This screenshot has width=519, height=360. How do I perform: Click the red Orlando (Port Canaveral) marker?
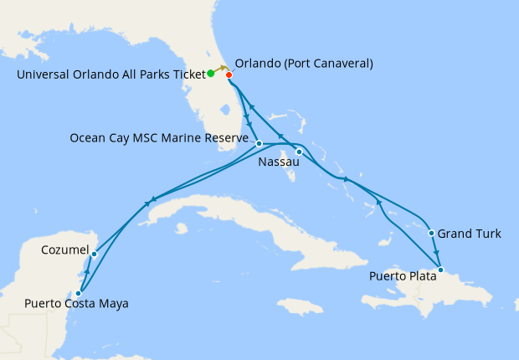point(229,75)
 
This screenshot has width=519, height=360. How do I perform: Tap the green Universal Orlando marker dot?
point(211,74)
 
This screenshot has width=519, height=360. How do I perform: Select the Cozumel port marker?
point(95,254)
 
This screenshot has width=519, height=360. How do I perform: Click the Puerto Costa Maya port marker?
point(78,294)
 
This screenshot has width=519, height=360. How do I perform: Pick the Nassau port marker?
point(299,152)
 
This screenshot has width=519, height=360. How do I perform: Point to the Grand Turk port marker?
point(430,234)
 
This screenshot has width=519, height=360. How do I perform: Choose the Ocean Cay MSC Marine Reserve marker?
point(259,143)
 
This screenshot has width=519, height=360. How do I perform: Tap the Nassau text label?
point(278,162)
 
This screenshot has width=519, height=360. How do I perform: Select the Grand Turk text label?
point(470,234)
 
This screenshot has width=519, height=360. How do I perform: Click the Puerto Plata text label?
point(403,275)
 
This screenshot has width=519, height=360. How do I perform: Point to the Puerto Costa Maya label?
point(77,304)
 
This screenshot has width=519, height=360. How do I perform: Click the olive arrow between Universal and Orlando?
point(221,68)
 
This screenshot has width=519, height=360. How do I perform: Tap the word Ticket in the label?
point(187,74)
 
